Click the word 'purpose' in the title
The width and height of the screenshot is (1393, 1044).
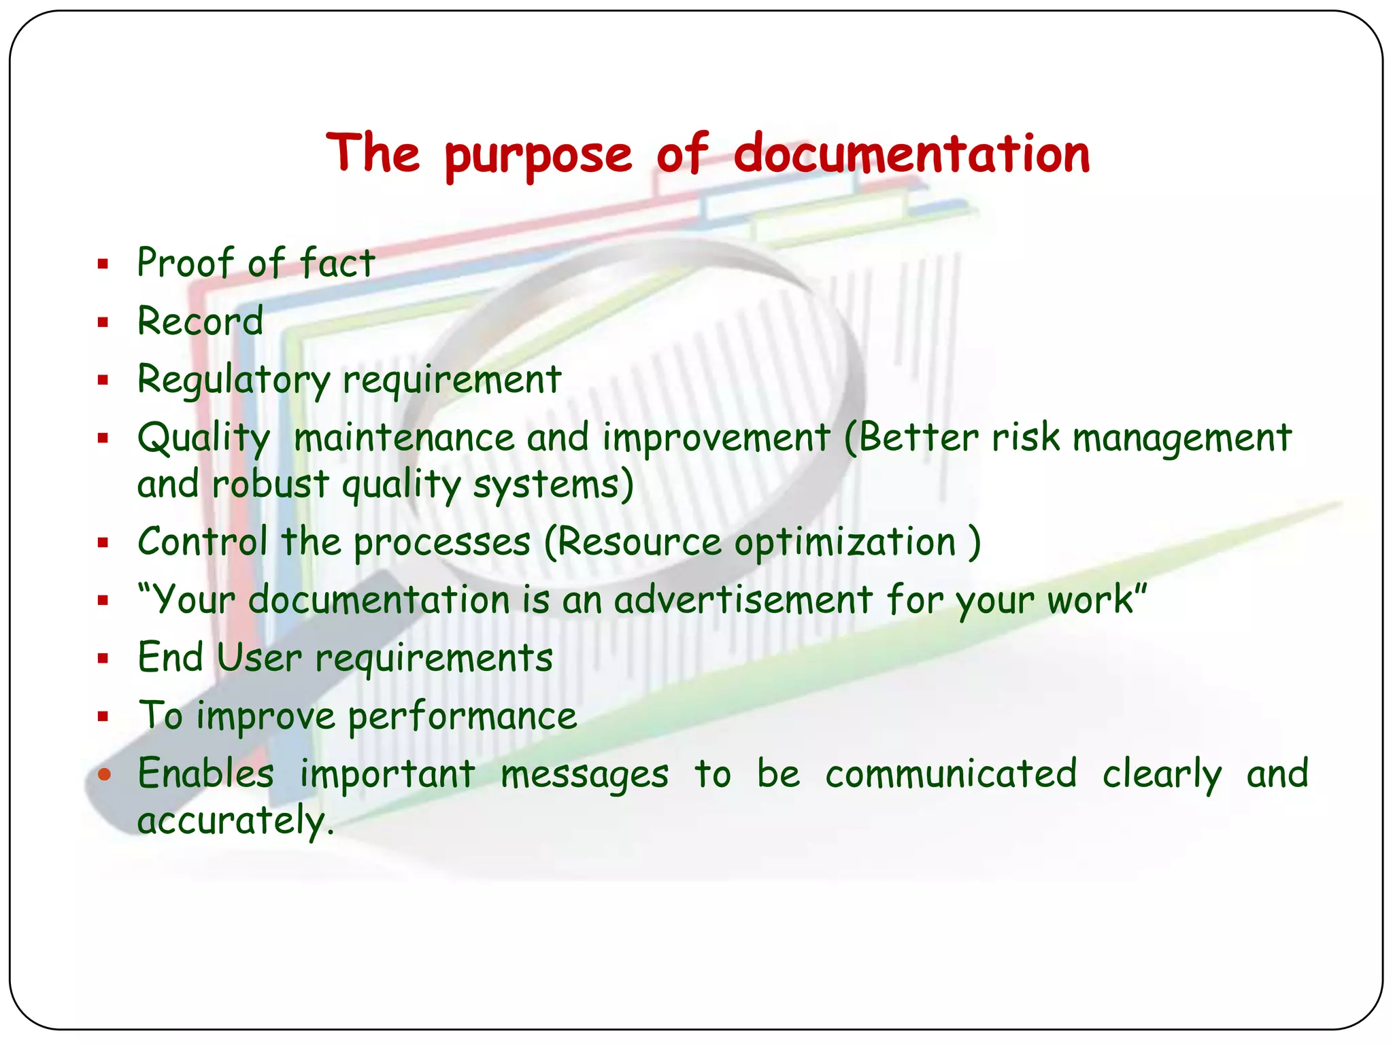pos(539,155)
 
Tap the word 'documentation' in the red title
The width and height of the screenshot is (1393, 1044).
pos(911,154)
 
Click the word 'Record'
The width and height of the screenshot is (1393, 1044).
pos(200,321)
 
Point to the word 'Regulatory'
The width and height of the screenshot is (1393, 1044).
pos(234,379)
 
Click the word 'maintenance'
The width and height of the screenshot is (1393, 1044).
pos(404,437)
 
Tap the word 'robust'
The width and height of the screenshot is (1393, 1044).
pos(270,484)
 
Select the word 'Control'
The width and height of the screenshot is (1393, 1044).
pos(202,542)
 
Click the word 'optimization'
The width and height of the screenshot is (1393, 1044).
pos(845,542)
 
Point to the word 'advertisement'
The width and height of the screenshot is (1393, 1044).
pos(743,599)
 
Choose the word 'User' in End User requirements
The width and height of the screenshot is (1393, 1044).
pos(258,657)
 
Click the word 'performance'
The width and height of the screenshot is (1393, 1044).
pos(463,716)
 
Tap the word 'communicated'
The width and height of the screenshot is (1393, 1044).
pos(951,773)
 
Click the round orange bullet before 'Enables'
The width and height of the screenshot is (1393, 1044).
pos(104,773)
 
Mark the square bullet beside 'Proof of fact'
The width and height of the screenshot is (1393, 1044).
pos(103,264)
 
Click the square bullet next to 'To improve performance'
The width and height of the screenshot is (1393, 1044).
pos(103,716)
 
